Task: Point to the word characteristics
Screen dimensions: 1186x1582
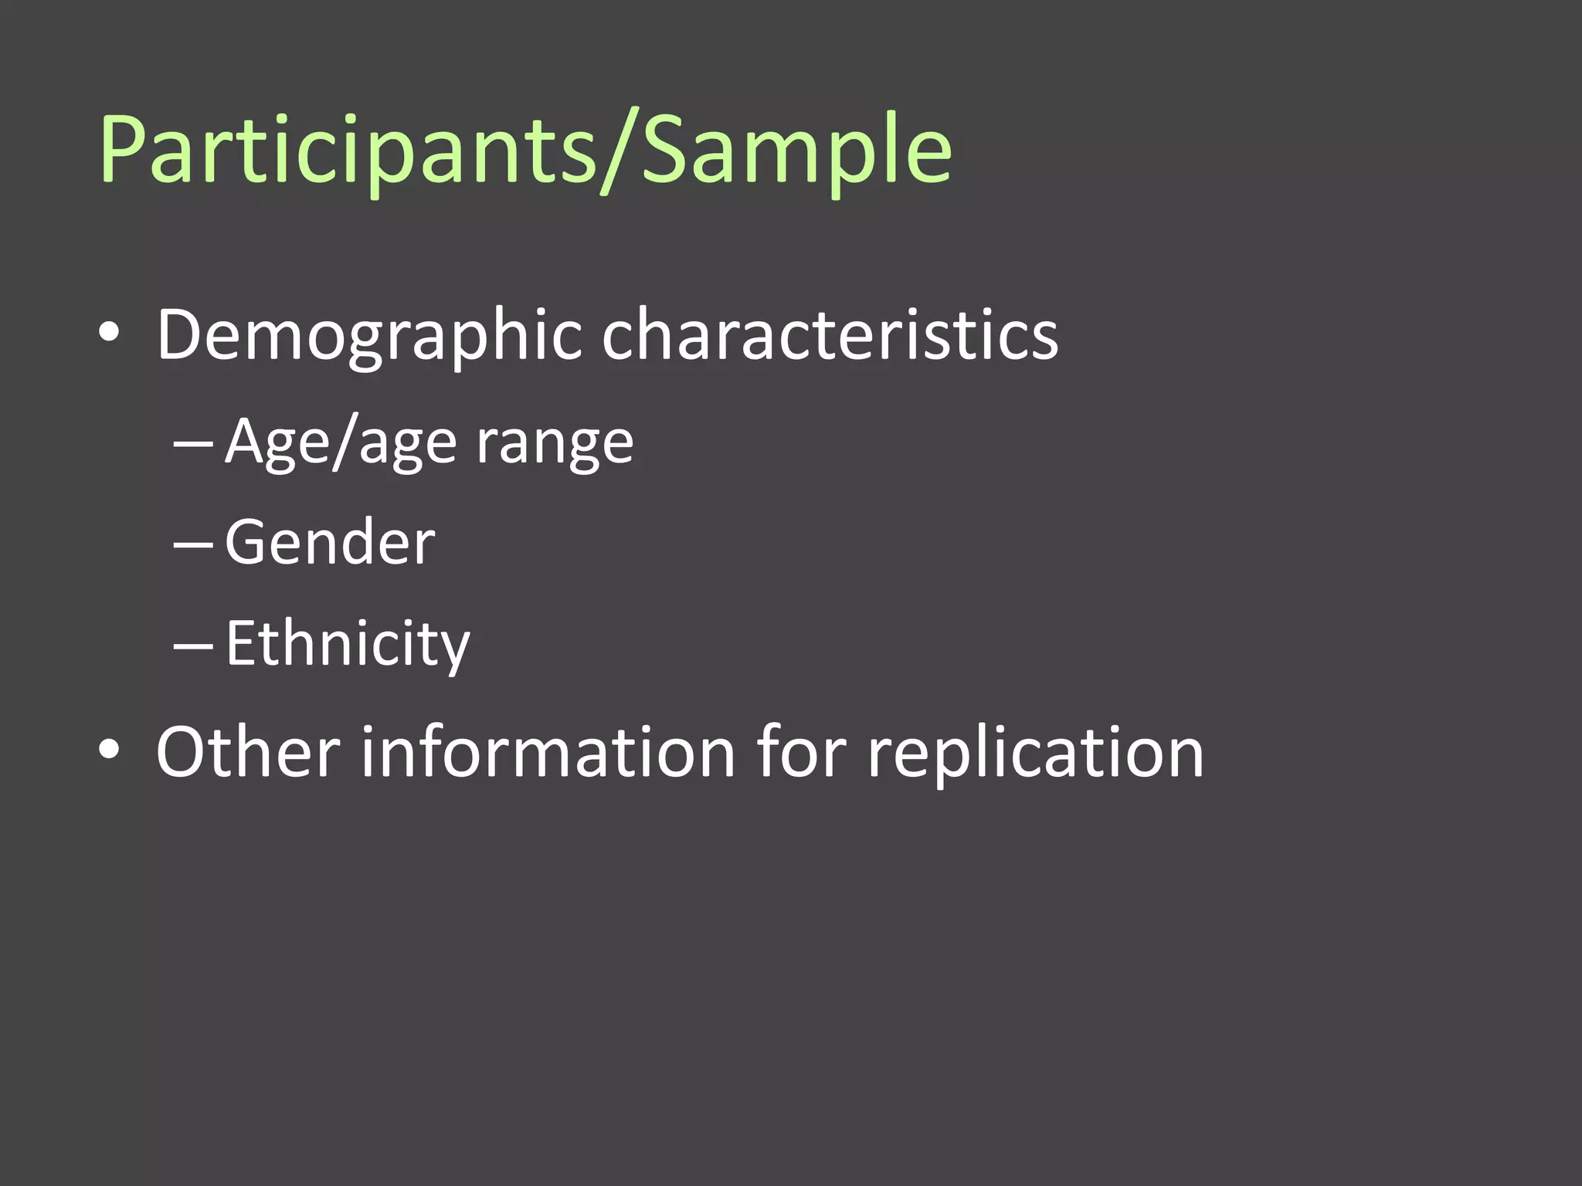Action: [830, 336]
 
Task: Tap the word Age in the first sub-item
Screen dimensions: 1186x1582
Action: [275, 442]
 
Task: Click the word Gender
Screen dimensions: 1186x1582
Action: [330, 543]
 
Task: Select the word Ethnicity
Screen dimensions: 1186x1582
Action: [348, 644]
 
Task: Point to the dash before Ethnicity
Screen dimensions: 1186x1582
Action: [193, 645]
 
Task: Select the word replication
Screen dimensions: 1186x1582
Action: [1035, 753]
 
